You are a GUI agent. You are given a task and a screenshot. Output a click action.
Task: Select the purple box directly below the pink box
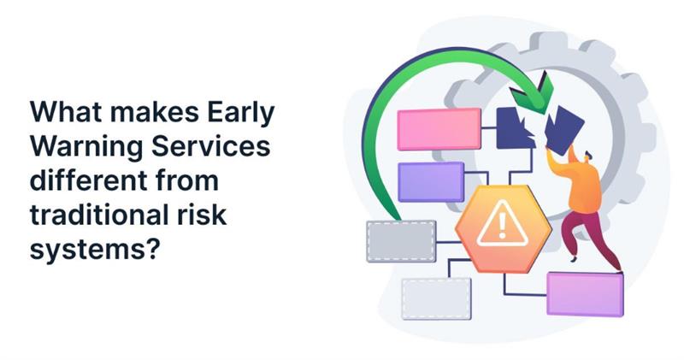click(x=431, y=181)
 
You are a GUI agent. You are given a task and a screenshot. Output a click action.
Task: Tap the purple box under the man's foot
click(x=585, y=293)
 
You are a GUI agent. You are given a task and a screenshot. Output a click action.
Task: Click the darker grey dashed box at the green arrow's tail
click(x=401, y=240)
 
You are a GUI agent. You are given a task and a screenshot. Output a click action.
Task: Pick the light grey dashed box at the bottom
click(x=436, y=298)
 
